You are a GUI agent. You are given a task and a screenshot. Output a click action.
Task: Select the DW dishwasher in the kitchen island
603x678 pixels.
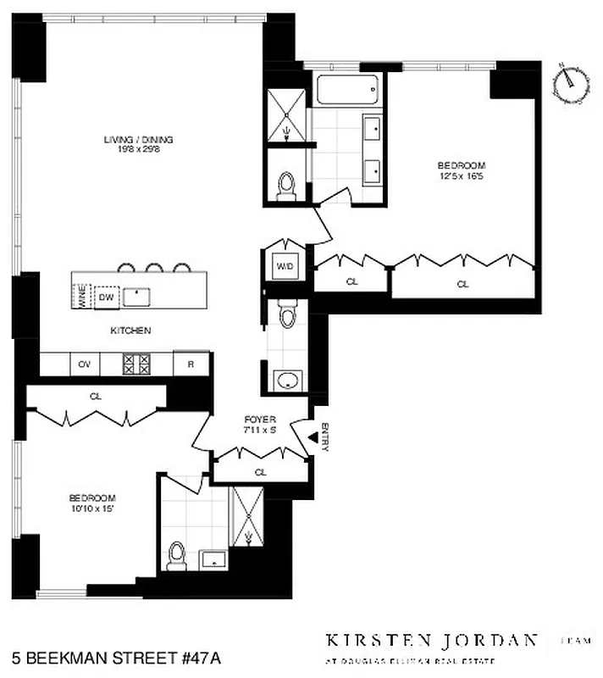[107, 297]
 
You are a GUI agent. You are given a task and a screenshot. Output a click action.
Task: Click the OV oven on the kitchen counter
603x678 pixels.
[84, 364]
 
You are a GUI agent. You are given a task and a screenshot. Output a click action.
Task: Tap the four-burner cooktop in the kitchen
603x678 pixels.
[137, 364]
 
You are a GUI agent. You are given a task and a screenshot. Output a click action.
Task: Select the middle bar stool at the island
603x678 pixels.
[154, 269]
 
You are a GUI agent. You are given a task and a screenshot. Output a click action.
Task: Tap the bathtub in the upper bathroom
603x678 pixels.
[347, 91]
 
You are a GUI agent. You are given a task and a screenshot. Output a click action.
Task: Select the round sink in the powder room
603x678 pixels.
[289, 379]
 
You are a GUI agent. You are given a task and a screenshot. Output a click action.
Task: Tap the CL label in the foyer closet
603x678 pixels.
[261, 472]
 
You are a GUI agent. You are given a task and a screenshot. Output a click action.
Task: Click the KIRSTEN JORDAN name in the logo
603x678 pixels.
[432, 640]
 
